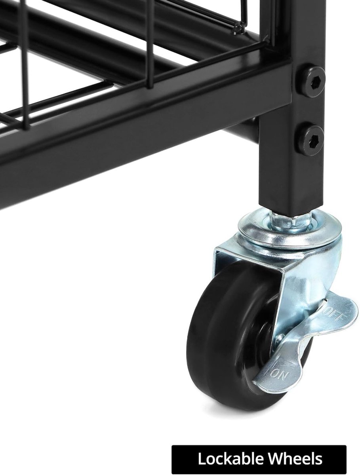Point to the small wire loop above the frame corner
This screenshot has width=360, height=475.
click(238, 28)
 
